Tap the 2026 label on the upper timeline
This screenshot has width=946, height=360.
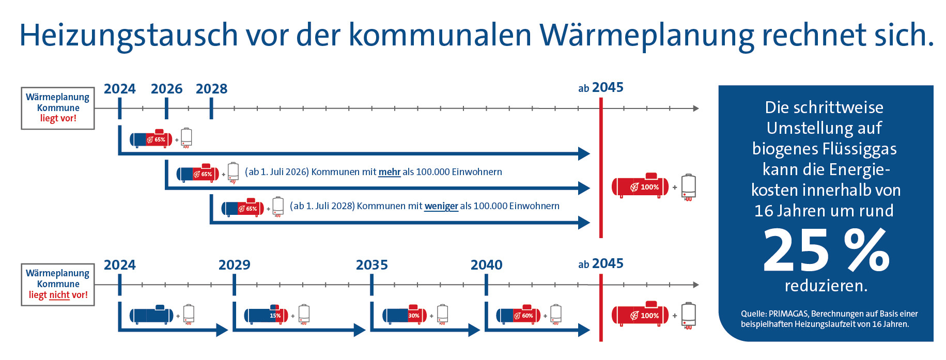166,89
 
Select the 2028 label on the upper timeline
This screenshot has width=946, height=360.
211,89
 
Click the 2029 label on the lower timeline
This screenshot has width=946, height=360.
234,265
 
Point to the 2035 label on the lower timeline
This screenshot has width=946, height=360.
371,265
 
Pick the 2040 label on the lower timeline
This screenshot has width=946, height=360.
486,265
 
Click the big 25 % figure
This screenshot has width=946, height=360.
826,251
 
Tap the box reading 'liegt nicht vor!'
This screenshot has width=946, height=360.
58,285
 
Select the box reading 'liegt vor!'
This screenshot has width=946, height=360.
58,108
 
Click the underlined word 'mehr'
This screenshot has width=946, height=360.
390,172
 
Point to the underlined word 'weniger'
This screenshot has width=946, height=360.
441,206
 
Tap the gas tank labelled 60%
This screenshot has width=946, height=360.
518,315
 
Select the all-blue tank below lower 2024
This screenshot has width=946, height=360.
151,315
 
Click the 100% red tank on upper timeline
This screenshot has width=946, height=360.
640,186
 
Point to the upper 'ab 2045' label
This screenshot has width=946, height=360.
601,88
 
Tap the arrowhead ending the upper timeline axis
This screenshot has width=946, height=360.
696,108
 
